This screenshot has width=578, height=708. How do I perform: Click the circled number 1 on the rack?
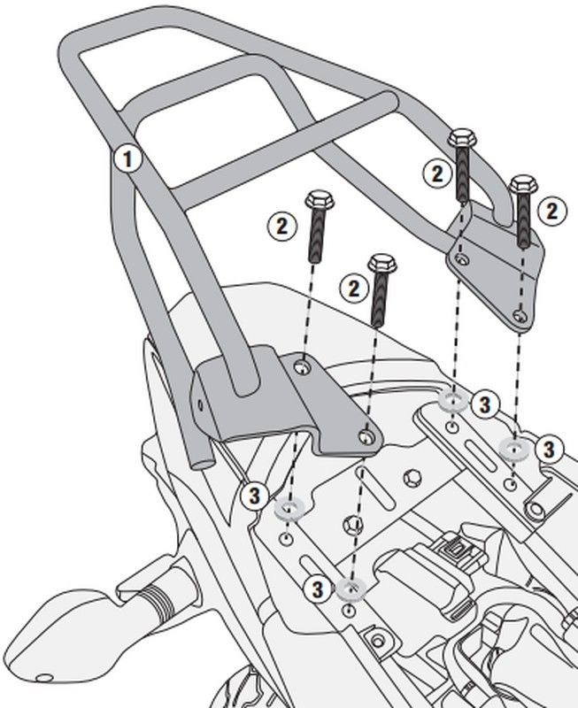pyautogui.click(x=128, y=159)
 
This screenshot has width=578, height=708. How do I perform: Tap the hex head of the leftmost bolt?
pyautogui.click(x=318, y=200)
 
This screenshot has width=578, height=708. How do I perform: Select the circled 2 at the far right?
pyautogui.click(x=551, y=211)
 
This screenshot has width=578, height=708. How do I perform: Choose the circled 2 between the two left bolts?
pyautogui.click(x=354, y=288)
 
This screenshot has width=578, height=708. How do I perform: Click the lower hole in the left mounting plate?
pyautogui.click(x=366, y=436)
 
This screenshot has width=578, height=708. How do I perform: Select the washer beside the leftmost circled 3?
pyautogui.click(x=289, y=508)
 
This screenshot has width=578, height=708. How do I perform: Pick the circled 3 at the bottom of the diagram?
pyautogui.click(x=316, y=589)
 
